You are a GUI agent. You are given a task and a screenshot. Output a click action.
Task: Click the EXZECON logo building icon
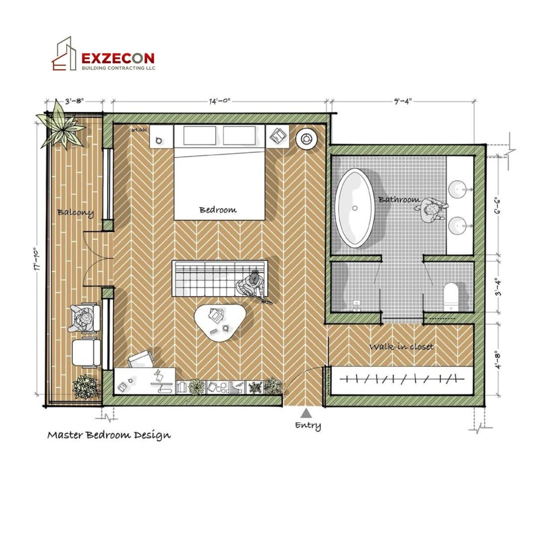click(64, 54)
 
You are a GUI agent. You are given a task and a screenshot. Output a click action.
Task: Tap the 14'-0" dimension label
click(220, 101)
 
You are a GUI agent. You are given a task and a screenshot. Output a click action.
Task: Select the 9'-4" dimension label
click(403, 101)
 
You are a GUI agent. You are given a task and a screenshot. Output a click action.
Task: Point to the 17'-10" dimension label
click(37, 259)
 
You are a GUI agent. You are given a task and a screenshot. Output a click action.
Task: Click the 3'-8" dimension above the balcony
click(74, 101)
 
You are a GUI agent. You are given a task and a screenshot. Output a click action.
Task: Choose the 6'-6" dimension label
click(497, 207)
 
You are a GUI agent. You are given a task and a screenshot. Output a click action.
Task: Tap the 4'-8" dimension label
click(497, 360)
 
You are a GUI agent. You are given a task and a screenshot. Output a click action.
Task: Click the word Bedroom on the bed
click(218, 210)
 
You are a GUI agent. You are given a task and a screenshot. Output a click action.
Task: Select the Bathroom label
click(399, 200)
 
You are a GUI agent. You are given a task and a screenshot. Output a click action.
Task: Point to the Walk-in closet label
click(401, 347)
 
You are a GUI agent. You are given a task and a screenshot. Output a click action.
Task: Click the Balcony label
click(75, 213)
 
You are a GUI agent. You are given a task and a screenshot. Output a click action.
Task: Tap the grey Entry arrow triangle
click(306, 413)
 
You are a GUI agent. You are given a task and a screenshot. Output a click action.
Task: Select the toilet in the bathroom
click(451, 296)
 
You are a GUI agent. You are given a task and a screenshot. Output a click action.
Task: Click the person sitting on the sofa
click(253, 286)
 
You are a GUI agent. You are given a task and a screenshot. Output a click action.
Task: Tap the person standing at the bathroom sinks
click(430, 209)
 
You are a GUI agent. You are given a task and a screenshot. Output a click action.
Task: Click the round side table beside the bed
click(307, 139)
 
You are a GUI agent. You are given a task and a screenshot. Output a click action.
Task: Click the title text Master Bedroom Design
click(109, 435)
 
